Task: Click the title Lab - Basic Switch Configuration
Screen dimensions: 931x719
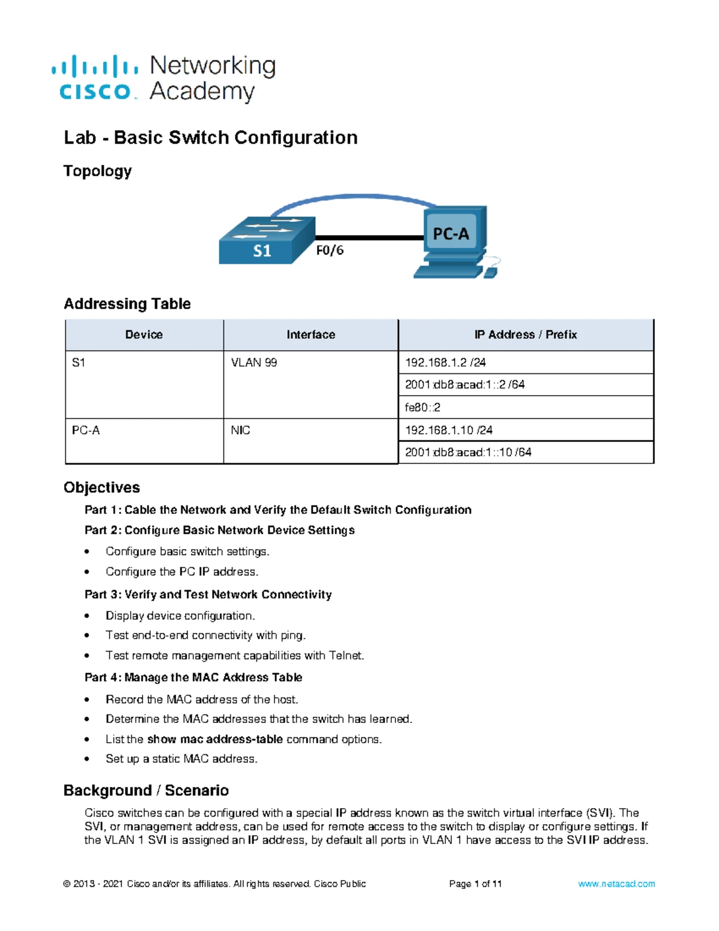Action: pyautogui.click(x=210, y=138)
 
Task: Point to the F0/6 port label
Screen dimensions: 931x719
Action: pyautogui.click(x=330, y=251)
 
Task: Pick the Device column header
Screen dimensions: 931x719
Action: pyautogui.click(x=144, y=335)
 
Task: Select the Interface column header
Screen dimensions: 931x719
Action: pyautogui.click(x=310, y=335)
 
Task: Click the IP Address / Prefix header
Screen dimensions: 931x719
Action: pyautogui.click(x=525, y=335)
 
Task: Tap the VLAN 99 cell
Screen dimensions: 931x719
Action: pyautogui.click(x=254, y=363)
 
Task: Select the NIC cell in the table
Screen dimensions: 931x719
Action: pyautogui.click(x=240, y=430)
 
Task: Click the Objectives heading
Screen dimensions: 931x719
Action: pyautogui.click(x=102, y=487)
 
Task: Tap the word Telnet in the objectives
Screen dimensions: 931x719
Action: pyautogui.click(x=346, y=656)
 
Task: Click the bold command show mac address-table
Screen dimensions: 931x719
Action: pyautogui.click(x=215, y=739)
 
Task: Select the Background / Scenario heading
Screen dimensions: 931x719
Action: pyautogui.click(x=146, y=791)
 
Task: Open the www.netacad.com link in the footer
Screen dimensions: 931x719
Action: pyautogui.click(x=616, y=884)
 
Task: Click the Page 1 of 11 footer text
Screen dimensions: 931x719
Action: pyautogui.click(x=475, y=884)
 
